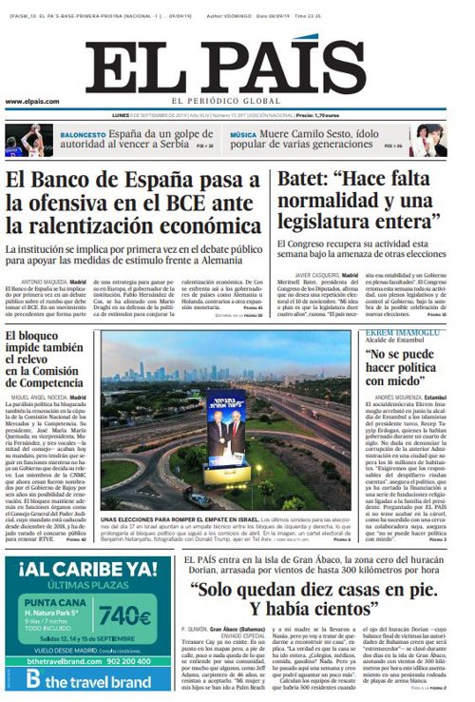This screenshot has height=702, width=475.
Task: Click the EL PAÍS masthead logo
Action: point(237,67)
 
